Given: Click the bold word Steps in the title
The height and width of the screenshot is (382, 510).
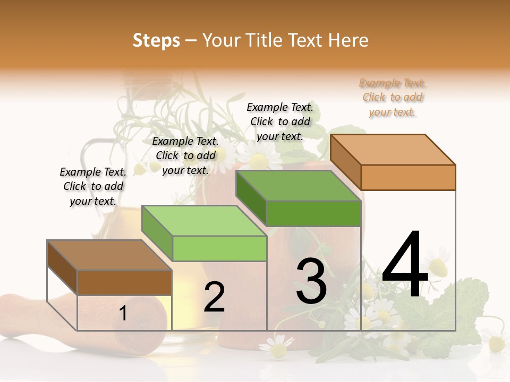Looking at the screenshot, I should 156,40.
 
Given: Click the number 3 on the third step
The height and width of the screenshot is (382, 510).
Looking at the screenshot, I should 311,281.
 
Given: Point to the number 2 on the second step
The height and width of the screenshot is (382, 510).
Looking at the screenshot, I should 214,297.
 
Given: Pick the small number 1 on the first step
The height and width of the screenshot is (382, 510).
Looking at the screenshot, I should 123,313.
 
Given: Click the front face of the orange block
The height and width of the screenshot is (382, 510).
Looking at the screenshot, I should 408,177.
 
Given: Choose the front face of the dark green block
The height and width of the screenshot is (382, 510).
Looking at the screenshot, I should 313,214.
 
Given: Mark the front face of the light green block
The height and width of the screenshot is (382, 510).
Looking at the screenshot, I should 219,248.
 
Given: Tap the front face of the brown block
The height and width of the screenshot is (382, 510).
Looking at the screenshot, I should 124,282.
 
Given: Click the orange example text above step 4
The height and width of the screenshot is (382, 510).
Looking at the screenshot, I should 392,98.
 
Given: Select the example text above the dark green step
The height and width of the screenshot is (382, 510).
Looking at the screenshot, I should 280,121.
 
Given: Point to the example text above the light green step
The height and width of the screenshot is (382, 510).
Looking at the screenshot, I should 185,155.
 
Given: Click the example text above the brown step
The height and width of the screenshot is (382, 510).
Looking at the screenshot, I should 93,186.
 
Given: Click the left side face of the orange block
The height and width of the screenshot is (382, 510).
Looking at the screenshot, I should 346,161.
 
